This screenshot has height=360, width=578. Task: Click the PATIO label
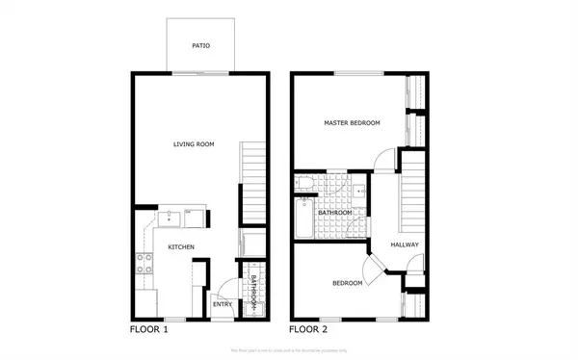pos(200,45)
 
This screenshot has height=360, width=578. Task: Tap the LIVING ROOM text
pos(193,144)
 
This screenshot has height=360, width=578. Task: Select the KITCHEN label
pos(181,247)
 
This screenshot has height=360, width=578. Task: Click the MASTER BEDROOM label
pos(352,123)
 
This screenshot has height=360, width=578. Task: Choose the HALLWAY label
pos(405,244)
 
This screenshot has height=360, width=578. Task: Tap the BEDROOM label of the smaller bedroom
pos(347,283)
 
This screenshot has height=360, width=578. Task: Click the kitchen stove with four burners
pos(144,263)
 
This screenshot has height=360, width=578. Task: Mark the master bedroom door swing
pos(382,159)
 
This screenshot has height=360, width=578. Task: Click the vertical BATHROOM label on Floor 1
pos(252,291)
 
